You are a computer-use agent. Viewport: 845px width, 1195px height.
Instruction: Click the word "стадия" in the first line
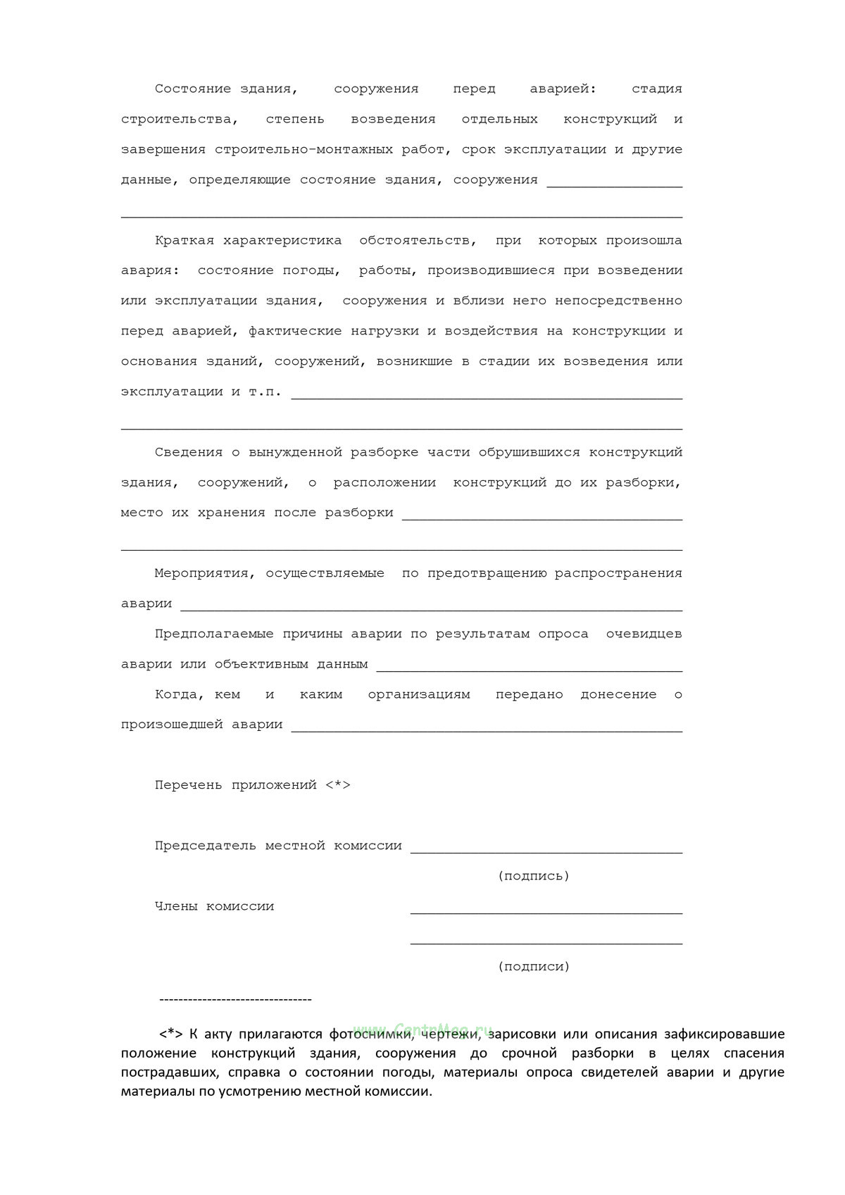click(656, 89)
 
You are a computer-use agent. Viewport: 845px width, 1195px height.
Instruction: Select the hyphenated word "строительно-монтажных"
click(329, 149)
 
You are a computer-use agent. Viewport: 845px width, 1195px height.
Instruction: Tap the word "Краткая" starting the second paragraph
click(184, 240)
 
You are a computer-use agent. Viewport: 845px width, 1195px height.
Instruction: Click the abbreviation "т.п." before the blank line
click(265, 392)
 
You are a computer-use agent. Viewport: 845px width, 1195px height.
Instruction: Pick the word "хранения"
click(231, 513)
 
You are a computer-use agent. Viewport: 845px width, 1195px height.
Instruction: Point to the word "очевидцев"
click(644, 634)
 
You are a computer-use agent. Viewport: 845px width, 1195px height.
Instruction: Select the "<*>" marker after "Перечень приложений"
click(338, 785)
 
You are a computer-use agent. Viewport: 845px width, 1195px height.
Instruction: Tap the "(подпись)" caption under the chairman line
click(533, 876)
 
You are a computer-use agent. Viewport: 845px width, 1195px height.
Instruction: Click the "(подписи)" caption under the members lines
click(533, 967)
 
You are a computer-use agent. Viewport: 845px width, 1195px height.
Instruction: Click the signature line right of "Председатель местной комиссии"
click(546, 851)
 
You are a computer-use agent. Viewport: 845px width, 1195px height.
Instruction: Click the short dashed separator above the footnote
click(236, 1000)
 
